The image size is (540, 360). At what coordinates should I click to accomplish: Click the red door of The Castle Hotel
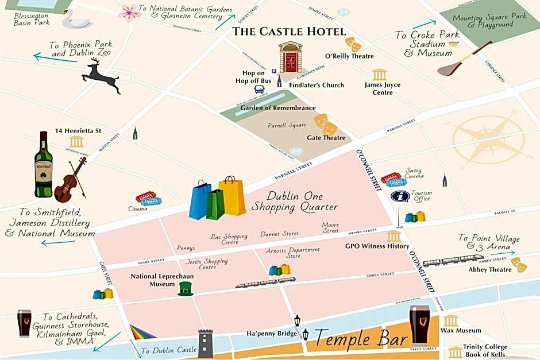pos(291,60)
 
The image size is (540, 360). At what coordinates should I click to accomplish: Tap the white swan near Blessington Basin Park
pos(79,19)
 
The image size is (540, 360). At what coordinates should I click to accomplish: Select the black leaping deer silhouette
pos(102,75)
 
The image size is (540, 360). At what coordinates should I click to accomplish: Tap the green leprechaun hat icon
pos(184,289)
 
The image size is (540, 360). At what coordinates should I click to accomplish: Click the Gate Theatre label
pos(326,138)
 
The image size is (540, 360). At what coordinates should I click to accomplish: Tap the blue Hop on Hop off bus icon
pos(260,90)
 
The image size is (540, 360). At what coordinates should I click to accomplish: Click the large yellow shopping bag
pos(233,196)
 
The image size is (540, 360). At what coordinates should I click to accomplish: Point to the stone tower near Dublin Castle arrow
pos(206,343)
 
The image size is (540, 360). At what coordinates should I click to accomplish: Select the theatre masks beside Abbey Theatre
pos(519,264)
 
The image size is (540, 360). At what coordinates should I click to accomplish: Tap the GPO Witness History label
pos(377,246)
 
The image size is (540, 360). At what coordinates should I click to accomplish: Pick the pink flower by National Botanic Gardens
pos(129,11)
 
